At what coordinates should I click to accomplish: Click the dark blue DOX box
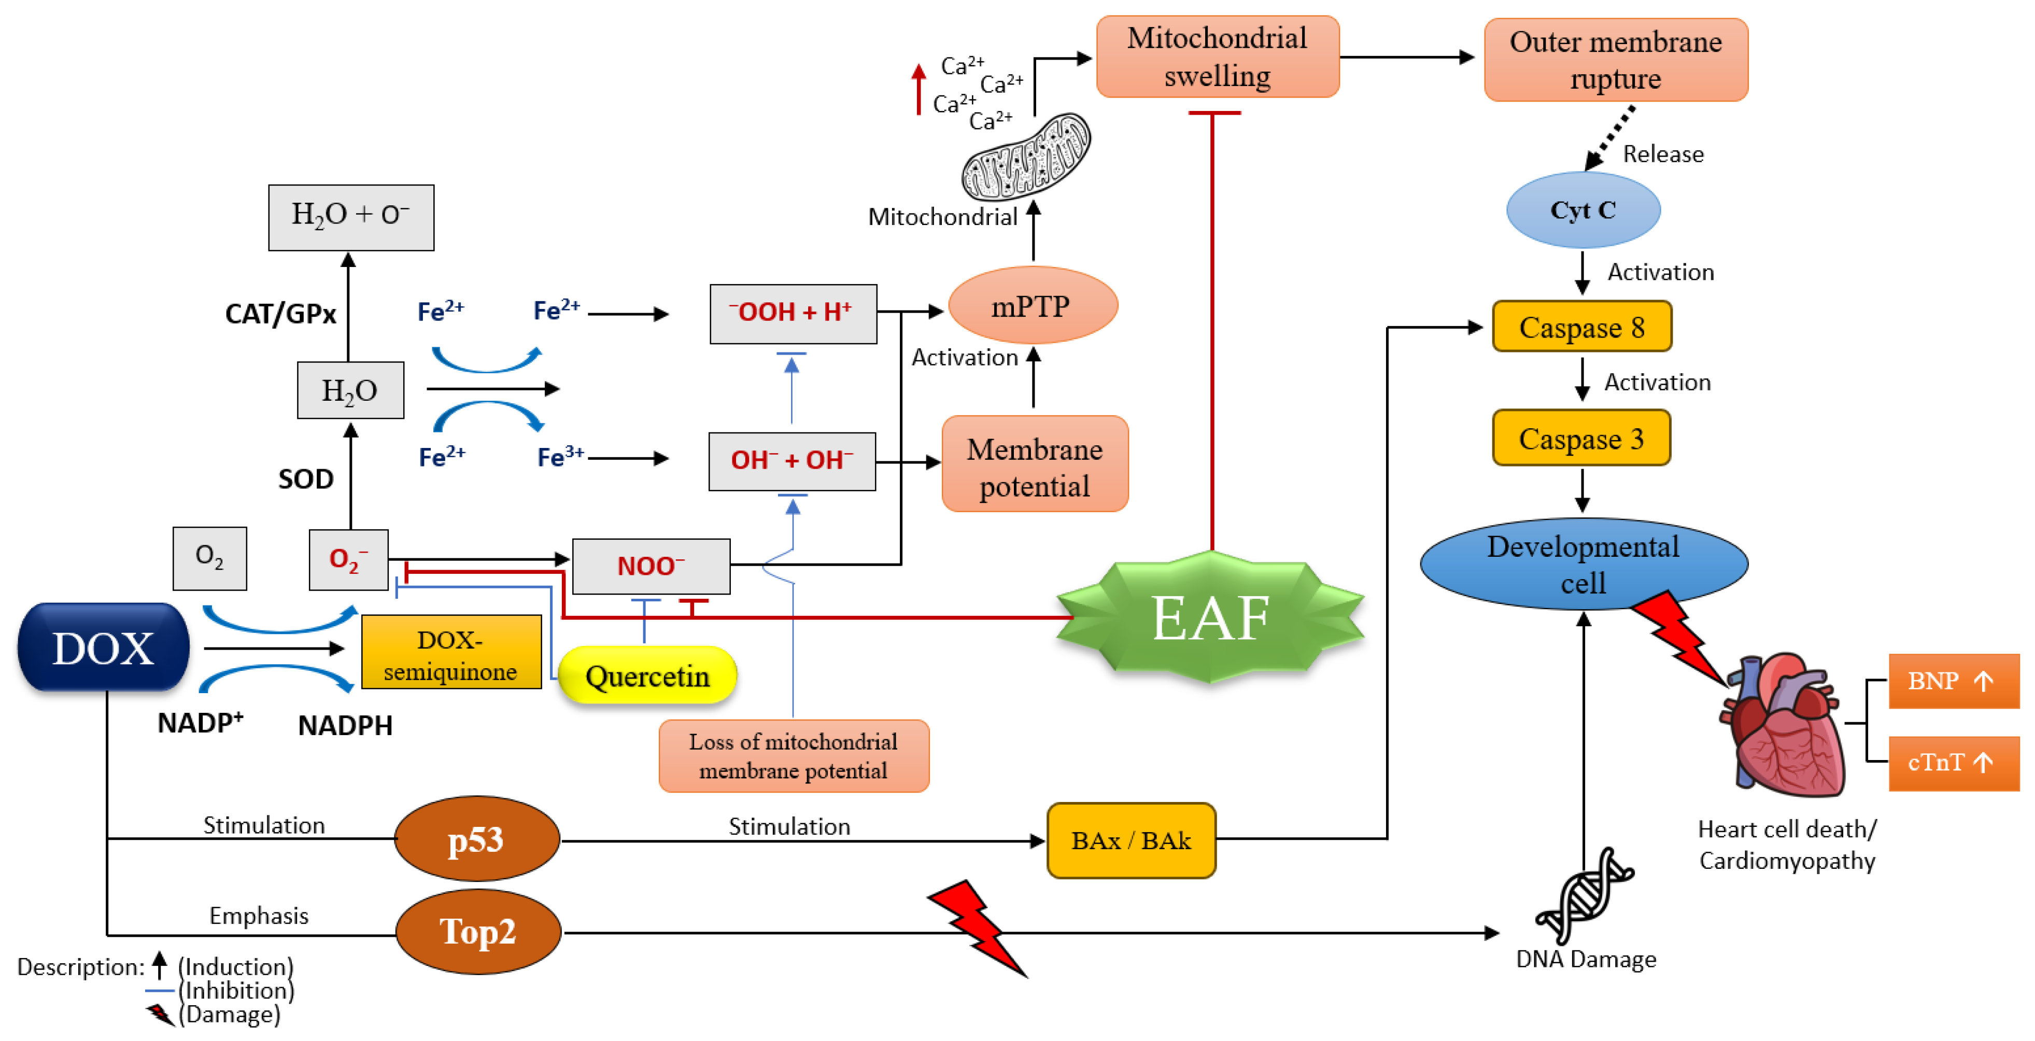coord(104,647)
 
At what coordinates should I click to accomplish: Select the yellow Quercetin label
coord(647,676)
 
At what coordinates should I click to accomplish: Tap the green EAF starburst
coord(1210,617)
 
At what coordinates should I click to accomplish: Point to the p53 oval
coord(476,839)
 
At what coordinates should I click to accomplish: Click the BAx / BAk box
coord(1130,840)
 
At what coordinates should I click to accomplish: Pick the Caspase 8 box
coord(1581,326)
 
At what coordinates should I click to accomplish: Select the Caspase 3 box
coord(1581,438)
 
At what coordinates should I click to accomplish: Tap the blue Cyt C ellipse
coord(1582,210)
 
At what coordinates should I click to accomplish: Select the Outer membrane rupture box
coord(1616,60)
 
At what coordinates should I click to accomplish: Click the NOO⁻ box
coord(651,566)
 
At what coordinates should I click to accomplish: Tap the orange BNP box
coord(1952,681)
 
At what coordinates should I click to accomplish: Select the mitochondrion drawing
coord(1025,157)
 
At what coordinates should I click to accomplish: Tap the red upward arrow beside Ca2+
coord(918,89)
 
